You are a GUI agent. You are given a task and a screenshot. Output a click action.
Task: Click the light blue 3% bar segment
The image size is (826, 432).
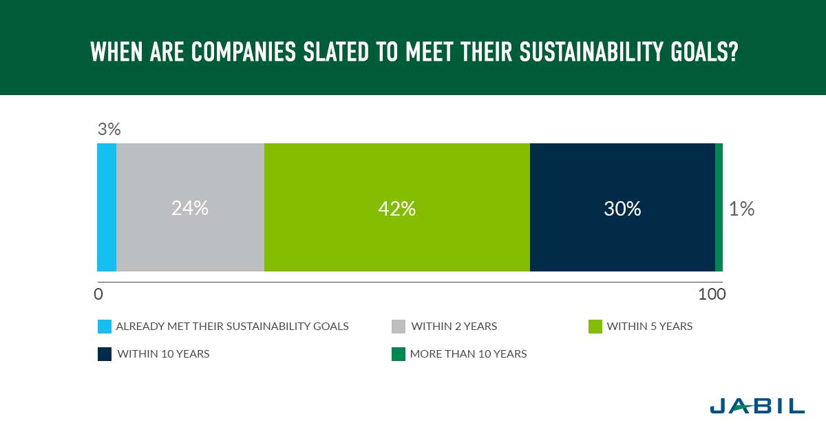(107, 207)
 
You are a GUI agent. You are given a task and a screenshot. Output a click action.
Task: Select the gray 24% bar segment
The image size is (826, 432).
(190, 207)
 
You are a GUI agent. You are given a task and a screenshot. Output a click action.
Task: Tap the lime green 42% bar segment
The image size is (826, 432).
(397, 207)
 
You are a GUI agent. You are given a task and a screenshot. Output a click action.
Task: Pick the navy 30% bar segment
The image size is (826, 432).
(622, 207)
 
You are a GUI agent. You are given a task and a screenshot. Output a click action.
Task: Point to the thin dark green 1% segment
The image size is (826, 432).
(719, 207)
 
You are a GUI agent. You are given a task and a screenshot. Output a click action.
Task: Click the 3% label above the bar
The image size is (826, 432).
(109, 130)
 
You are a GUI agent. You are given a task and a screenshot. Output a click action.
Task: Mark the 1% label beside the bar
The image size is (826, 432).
(741, 209)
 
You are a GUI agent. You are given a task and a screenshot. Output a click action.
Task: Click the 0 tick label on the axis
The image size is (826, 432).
(98, 294)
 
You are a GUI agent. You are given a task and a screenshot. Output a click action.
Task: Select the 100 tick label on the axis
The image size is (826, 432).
(712, 294)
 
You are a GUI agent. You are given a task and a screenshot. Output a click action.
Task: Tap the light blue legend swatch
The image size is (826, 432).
(105, 327)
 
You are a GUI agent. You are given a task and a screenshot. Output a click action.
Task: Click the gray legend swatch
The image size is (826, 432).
(399, 327)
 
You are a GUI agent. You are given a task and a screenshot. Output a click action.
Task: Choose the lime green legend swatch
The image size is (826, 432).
(595, 327)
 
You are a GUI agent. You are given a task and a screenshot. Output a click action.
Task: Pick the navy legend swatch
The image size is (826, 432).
(105, 354)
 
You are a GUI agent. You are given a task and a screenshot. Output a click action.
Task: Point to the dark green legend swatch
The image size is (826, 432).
(399, 354)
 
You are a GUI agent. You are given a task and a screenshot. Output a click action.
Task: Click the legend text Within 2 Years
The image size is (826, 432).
(454, 327)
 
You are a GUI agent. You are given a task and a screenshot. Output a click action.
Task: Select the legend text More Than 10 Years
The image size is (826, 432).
(468, 353)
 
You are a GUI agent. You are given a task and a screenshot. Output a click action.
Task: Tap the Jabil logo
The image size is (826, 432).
(757, 406)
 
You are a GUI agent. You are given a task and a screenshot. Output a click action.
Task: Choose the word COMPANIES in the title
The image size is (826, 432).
(244, 51)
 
